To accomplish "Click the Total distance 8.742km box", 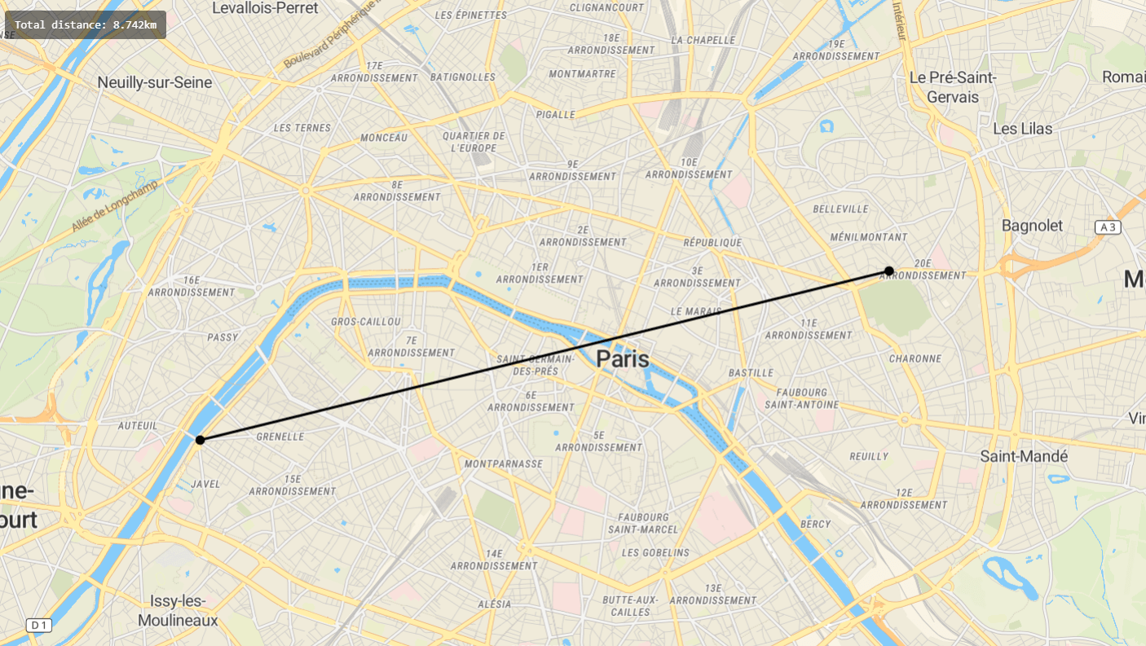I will [86, 24].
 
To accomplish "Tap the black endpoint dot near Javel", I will [200, 440].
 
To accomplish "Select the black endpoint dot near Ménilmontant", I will [889, 270].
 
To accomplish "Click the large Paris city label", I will [624, 358].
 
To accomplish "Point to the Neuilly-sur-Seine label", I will [155, 82].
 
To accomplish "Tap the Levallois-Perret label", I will [266, 8].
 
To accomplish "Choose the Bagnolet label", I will [1032, 226].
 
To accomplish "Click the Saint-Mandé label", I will [1024, 456].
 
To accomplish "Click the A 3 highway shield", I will [1108, 227].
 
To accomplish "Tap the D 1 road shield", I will [38, 625].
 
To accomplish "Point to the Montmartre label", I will [583, 74].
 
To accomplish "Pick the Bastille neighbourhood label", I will [751, 373].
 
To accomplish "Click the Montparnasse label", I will [503, 464].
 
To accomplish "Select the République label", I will [712, 243].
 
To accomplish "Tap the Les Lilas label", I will [1023, 129].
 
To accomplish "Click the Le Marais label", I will [696, 312].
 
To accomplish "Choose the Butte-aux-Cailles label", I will [631, 606].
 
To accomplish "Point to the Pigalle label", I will [555, 115].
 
